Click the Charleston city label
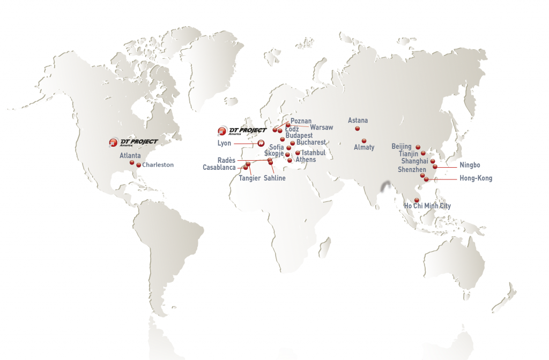pyautogui.click(x=158, y=165)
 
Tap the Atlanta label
pyautogui.click(x=130, y=155)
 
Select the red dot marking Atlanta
pyautogui.click(x=132, y=162)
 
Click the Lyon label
pyautogui.click(x=224, y=144)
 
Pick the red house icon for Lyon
pyautogui.click(x=261, y=143)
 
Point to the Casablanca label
pyautogui.click(x=219, y=168)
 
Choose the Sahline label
pyautogui.click(x=274, y=178)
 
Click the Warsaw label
pyautogui.click(x=322, y=127)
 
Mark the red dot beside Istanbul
pyautogui.click(x=298, y=153)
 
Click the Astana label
pyautogui.click(x=358, y=121)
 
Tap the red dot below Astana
pyautogui.click(x=357, y=129)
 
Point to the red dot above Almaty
pyautogui.click(x=364, y=140)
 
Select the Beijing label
pyautogui.click(x=402, y=146)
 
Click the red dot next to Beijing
pyautogui.click(x=418, y=147)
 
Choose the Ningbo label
pyautogui.click(x=470, y=165)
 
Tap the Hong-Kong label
pyautogui.click(x=476, y=178)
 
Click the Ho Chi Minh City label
pyautogui.click(x=427, y=206)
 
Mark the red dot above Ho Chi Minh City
pyautogui.click(x=417, y=200)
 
